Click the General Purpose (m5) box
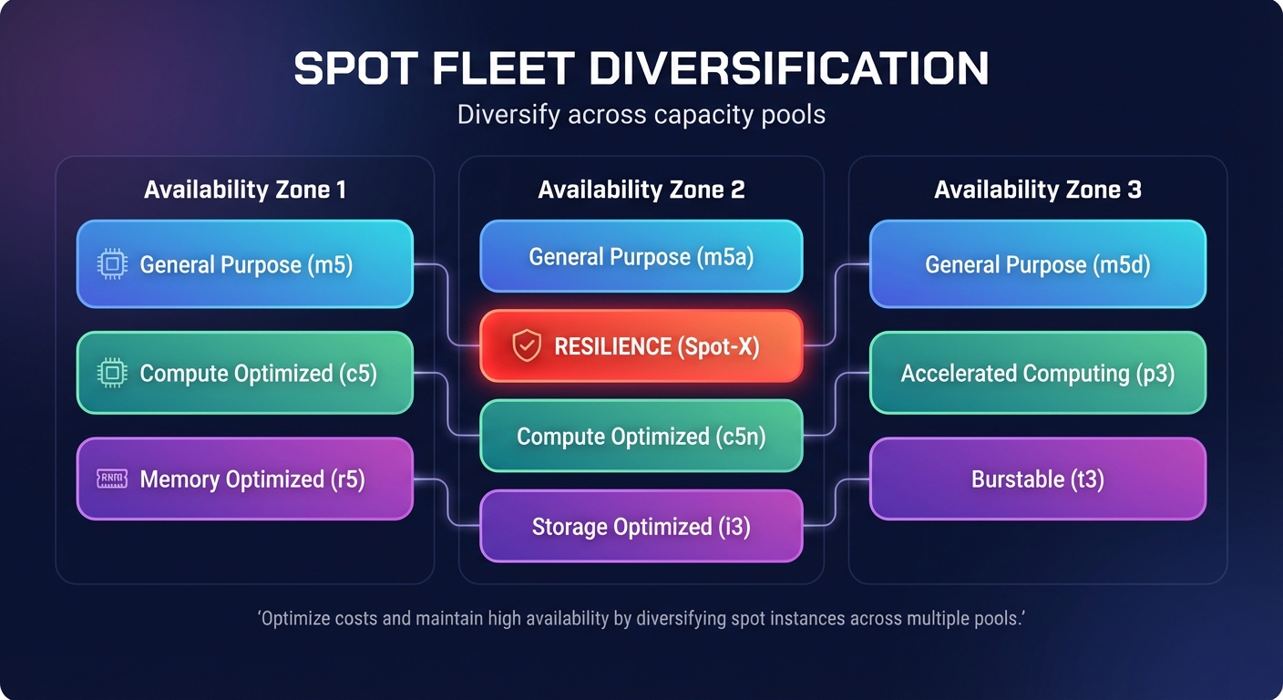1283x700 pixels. tap(244, 264)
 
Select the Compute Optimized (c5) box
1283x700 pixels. tap(244, 373)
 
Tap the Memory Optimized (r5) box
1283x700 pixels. tap(244, 479)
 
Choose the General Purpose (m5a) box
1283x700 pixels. tap(641, 256)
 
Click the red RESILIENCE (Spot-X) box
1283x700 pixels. tap(641, 345)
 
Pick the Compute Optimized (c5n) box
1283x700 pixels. tap(641, 437)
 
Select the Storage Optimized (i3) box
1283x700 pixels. tap(641, 526)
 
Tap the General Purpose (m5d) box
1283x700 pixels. tap(1038, 264)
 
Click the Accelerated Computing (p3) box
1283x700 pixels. tap(1038, 373)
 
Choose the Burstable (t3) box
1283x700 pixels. tap(1038, 479)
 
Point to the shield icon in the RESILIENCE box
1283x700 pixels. tap(527, 346)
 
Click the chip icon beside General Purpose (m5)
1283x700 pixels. tap(111, 264)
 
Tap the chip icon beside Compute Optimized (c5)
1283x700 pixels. tap(111, 373)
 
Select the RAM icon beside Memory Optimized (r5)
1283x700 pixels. tap(111, 479)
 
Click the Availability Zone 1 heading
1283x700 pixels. tap(244, 190)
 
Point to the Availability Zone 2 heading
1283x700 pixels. tap(641, 190)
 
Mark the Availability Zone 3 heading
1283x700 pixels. tap(1038, 190)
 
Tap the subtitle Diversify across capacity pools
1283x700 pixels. tap(641, 115)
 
